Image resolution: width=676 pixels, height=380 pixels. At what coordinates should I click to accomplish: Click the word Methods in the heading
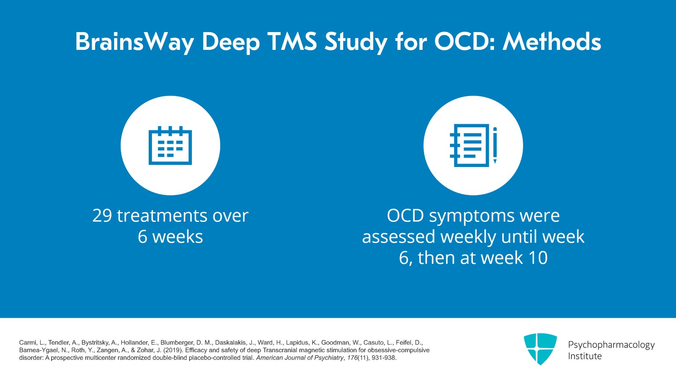click(552, 42)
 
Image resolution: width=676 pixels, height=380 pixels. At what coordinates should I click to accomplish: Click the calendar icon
click(170, 145)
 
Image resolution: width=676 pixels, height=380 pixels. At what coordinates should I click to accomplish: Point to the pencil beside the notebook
click(495, 145)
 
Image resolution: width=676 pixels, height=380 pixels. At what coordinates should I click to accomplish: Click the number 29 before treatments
click(102, 216)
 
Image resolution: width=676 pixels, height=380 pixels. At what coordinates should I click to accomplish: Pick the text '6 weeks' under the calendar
click(170, 237)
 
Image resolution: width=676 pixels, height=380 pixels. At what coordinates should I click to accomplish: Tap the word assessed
click(398, 237)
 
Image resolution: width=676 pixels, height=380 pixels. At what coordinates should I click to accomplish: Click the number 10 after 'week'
click(538, 258)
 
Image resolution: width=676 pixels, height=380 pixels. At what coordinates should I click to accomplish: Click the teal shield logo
click(540, 349)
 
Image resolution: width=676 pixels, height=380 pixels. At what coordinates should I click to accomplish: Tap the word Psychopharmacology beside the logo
click(611, 345)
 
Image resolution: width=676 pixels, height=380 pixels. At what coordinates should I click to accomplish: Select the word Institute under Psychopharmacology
click(585, 356)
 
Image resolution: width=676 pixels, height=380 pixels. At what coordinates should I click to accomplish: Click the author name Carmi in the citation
click(27, 343)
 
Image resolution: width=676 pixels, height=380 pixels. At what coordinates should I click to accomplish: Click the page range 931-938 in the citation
click(384, 358)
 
